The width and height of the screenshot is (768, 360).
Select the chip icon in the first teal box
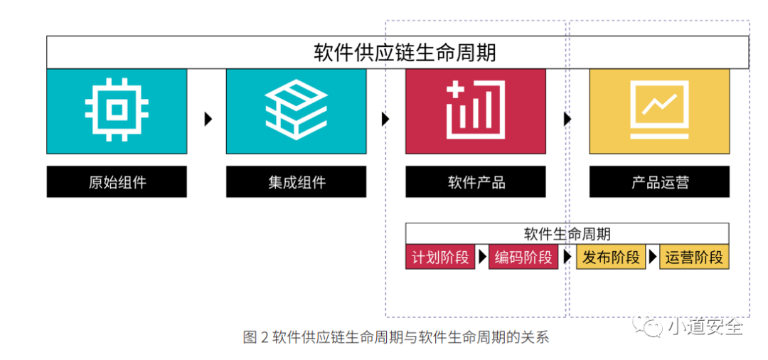point(117,110)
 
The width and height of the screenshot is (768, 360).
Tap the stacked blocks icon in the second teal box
point(296,110)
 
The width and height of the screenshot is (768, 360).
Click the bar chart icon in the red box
point(475,110)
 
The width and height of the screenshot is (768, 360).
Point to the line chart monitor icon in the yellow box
point(658,110)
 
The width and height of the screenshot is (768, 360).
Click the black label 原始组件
point(117,182)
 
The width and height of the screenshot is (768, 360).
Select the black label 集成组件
point(296,182)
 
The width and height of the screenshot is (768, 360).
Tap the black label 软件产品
point(476,182)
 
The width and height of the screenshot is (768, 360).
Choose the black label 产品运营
point(659,182)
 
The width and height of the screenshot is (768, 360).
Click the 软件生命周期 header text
point(567,234)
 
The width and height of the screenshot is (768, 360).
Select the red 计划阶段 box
point(440,258)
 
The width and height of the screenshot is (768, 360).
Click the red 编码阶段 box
point(523,258)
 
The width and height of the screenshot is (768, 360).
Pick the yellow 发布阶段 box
point(611,258)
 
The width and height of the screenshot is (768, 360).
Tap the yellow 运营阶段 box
point(694,258)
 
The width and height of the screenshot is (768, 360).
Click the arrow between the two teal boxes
point(208,119)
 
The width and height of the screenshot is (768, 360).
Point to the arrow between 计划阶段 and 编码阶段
point(482,258)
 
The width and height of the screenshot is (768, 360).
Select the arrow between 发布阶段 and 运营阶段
point(652,258)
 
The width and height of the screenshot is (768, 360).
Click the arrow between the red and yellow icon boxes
point(567,119)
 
